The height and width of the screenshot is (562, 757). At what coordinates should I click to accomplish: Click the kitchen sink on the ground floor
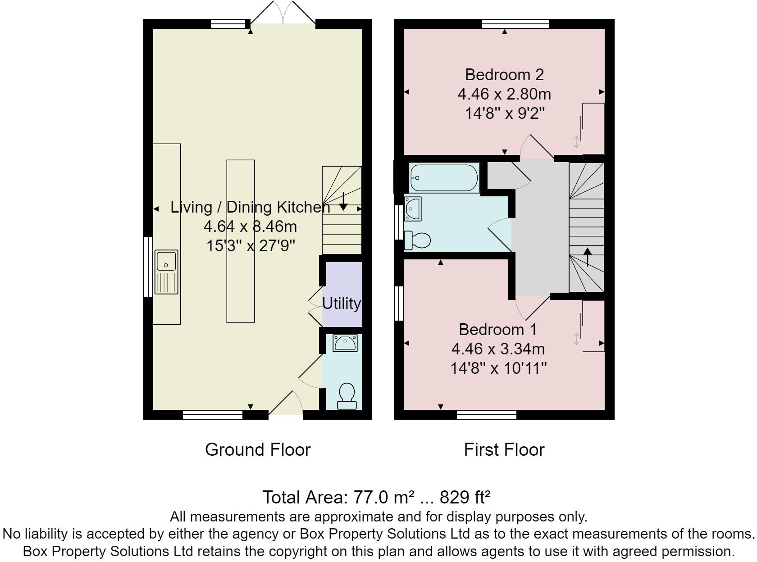pos(166,272)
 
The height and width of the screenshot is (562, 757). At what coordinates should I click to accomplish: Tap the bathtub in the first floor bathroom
pos(444,178)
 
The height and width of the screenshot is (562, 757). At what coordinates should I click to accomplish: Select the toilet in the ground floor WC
pos(347,396)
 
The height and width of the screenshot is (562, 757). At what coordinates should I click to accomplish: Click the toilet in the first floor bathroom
pos(417,240)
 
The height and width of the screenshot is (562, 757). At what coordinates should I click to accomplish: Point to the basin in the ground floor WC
pos(345,343)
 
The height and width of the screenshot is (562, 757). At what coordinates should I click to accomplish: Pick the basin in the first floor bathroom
pos(412,209)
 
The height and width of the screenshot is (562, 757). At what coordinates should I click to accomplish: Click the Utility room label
pos(341,304)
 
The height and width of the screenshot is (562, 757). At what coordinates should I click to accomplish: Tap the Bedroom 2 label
pos(504,75)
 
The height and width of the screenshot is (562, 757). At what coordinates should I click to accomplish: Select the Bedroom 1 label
pos(497,330)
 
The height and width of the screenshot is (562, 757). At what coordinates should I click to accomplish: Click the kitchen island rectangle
pos(241,241)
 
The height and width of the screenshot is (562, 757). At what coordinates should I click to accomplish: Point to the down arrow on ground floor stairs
pos(343,201)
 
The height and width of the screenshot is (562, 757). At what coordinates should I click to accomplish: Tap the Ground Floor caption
pos(258,449)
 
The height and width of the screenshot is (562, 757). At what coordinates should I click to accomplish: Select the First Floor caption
pos(504,449)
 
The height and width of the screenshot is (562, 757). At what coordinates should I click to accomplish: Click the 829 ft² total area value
pos(465,497)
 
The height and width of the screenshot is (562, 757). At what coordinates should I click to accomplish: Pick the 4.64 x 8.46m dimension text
pos(250,226)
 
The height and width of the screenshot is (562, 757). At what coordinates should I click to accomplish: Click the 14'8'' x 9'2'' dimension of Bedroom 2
pos(504,113)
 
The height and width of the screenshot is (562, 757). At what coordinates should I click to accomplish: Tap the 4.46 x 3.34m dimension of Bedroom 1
pos(498,349)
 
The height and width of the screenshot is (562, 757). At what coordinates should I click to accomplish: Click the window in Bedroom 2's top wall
pos(515,24)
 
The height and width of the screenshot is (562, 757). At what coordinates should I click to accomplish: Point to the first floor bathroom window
pos(399,222)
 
